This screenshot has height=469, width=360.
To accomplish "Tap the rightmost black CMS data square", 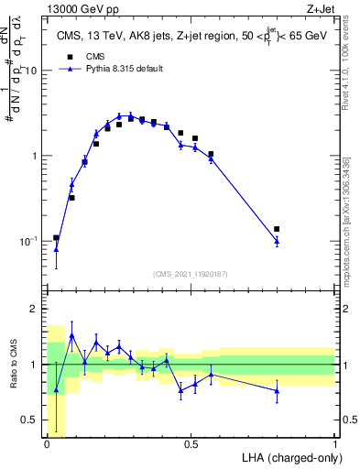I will (x=277, y=229).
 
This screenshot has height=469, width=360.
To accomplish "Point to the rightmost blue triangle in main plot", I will (x=277, y=241).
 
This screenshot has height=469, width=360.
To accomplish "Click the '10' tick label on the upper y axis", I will (x=35, y=71).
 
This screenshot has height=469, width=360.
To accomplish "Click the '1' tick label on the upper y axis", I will (x=38, y=156).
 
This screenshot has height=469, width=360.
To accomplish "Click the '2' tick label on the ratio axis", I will (x=38, y=310).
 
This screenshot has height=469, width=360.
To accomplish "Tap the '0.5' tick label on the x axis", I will (x=191, y=444).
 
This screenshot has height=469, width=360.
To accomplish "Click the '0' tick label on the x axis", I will (x=48, y=444).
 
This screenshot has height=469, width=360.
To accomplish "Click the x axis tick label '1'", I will (x=336, y=444).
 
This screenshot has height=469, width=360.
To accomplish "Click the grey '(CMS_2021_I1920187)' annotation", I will (x=191, y=272).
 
